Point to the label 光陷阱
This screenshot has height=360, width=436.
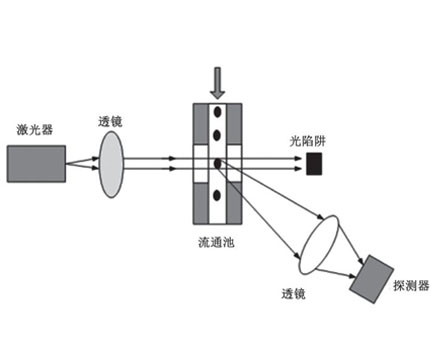tap(300, 138)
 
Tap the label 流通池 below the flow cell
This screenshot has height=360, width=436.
tap(218, 243)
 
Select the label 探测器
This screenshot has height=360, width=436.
tap(409, 286)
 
